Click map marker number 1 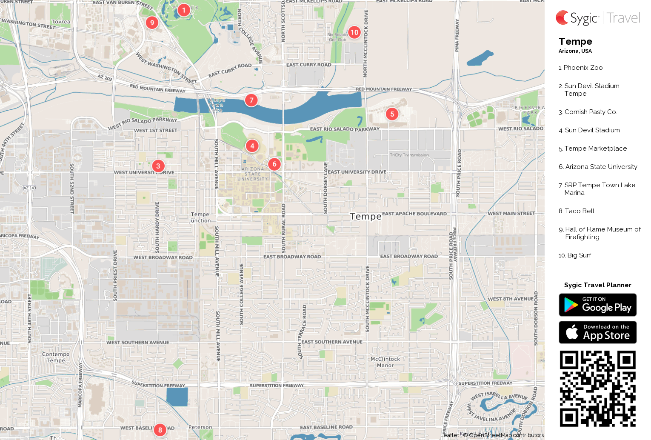coord(183,10)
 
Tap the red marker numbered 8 coord(160,430)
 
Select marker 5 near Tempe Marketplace coord(392,114)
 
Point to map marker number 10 coord(354,32)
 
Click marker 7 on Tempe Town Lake coord(251,100)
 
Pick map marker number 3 coord(158,166)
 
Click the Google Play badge coord(597,305)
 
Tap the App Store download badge coord(597,332)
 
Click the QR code coord(597,388)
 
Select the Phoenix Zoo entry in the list coord(582,68)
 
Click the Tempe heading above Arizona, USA coord(575,42)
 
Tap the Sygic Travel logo coord(597,18)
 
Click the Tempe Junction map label coord(200,217)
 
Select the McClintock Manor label coord(385,362)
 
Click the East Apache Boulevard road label coord(414,214)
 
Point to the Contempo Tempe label coord(56,357)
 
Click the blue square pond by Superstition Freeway coord(177,397)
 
